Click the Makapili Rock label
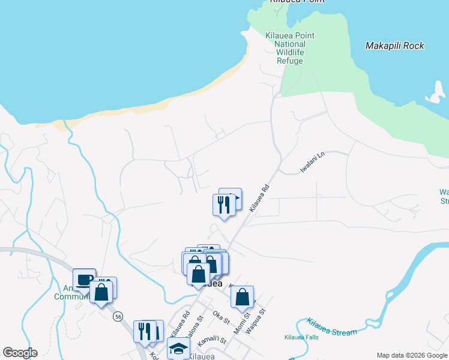pos(394,46)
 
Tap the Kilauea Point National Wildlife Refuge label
pos(290,48)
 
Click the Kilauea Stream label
pos(331,328)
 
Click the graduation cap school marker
pos(178,347)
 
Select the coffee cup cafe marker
pos(85,278)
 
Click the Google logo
pos(20,352)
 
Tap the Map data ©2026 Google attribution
pos(412,355)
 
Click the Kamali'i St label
pos(213,340)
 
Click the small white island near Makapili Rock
pos(435,92)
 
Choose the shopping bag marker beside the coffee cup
pos(101,292)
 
